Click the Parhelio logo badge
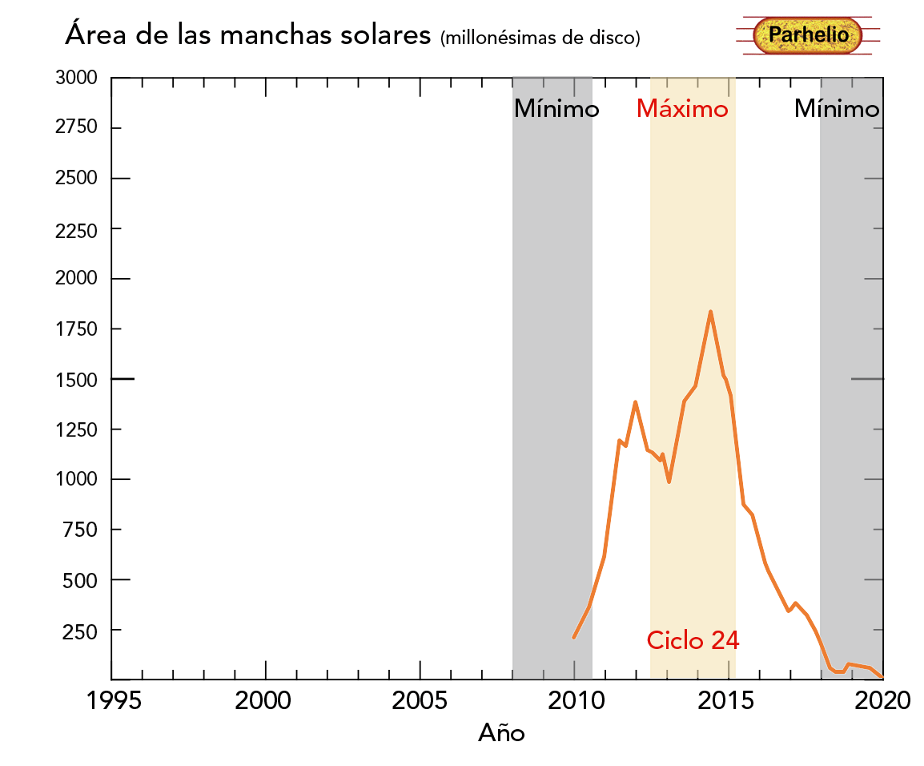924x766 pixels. (807, 35)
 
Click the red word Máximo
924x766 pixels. (682, 109)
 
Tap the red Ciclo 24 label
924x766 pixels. (693, 640)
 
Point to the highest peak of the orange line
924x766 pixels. (710, 312)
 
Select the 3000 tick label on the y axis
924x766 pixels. (77, 79)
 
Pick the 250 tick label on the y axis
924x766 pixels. (81, 631)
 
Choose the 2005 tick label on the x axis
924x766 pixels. (420, 702)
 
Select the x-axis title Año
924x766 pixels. (502, 732)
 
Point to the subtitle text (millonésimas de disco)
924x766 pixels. (540, 38)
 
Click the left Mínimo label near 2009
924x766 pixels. (556, 109)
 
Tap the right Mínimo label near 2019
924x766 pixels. (836, 109)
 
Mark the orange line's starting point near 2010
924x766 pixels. (574, 637)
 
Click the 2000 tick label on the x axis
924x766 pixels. (266, 702)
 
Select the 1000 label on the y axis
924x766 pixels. (77, 480)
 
